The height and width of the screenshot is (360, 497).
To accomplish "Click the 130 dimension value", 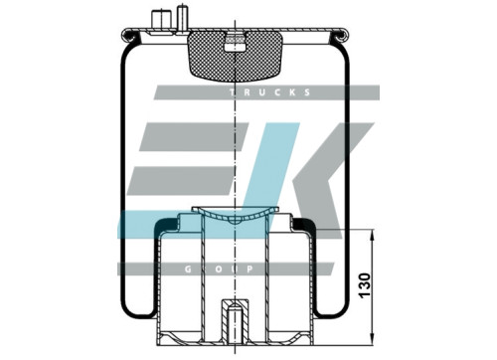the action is tap(365, 285).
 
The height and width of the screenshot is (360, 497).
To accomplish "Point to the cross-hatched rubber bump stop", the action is tap(235, 57).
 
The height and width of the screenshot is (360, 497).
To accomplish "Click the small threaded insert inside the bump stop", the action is tap(235, 43).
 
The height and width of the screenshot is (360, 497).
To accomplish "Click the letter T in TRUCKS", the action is tap(233, 92).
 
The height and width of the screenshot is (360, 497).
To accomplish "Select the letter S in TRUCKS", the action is tap(307, 92).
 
